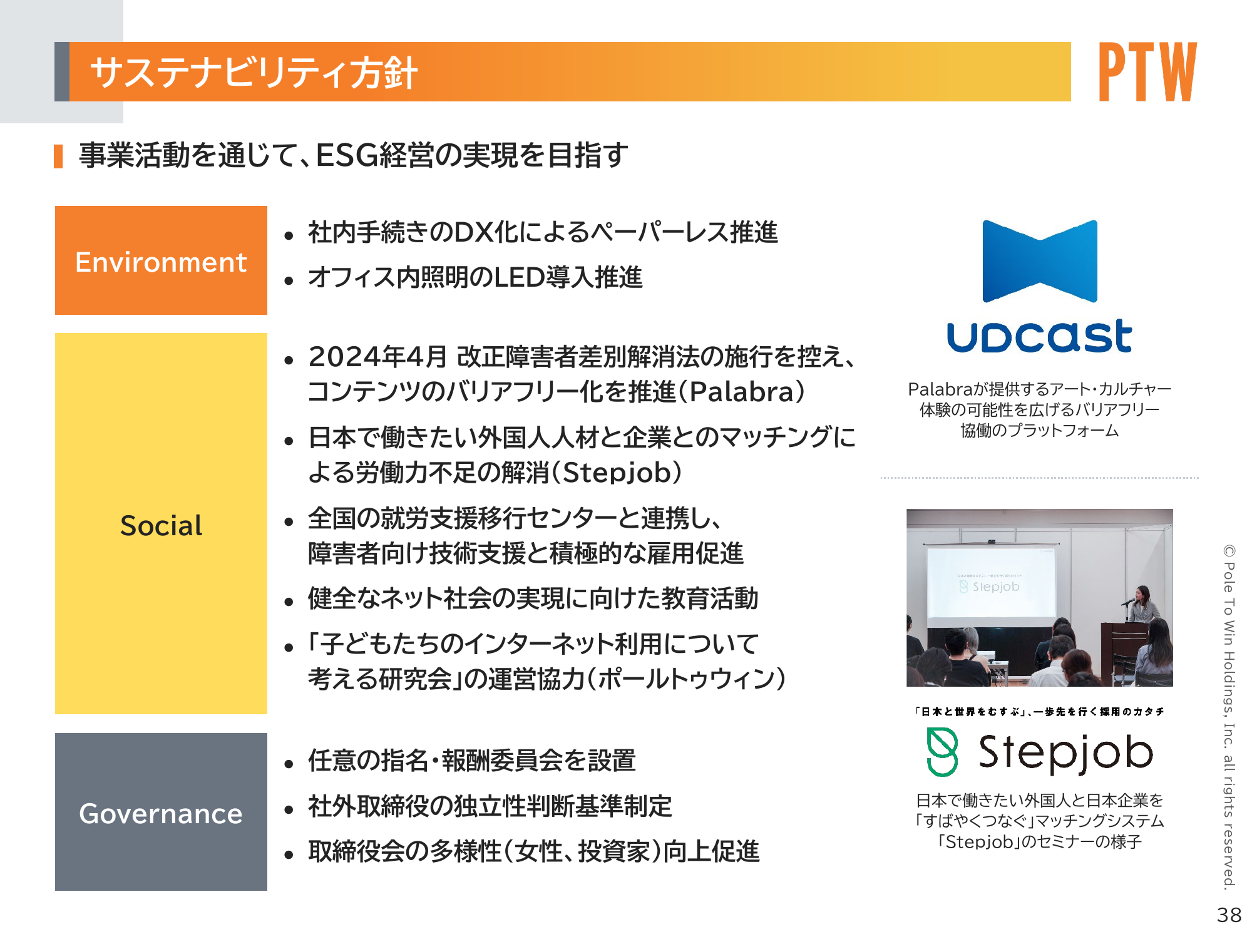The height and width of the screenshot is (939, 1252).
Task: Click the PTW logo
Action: pyautogui.click(x=1147, y=71)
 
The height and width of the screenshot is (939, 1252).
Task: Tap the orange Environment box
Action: pyautogui.click(x=161, y=260)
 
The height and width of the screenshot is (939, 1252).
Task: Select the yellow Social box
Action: pyautogui.click(x=161, y=523)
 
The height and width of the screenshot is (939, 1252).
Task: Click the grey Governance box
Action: pyautogui.click(x=161, y=812)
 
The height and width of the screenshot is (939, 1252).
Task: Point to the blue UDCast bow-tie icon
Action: pyautogui.click(x=1040, y=261)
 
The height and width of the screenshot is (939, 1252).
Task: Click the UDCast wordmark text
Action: pyautogui.click(x=1040, y=336)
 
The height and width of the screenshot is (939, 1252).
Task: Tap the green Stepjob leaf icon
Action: pyautogui.click(x=942, y=752)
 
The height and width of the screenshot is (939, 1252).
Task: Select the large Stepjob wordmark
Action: pyautogui.click(x=1065, y=753)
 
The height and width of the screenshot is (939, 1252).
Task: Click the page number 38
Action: pyautogui.click(x=1229, y=915)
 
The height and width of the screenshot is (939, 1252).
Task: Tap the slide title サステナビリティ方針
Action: pyautogui.click(x=254, y=73)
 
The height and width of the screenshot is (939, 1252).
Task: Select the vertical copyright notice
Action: pyautogui.click(x=1229, y=716)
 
